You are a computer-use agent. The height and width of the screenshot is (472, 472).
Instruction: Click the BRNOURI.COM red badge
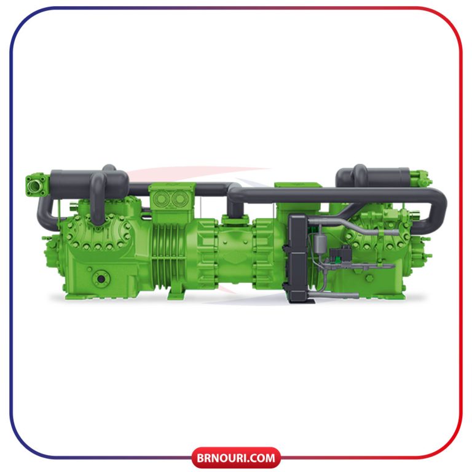coord(236,457)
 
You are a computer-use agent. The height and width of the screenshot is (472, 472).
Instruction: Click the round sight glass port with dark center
coord(101,278)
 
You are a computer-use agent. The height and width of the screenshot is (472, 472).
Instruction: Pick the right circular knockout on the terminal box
coord(180,199)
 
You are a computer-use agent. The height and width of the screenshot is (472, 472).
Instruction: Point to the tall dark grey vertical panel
coord(297,258)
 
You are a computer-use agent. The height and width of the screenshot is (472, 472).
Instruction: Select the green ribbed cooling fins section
coord(168,255)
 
